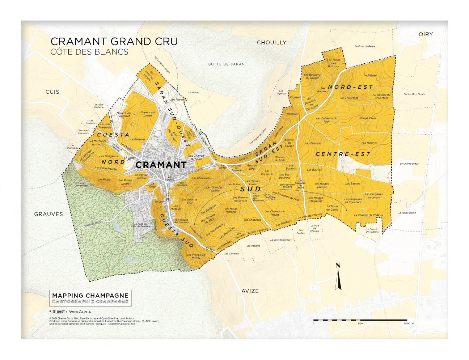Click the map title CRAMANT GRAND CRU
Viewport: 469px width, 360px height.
pyautogui.click(x=114, y=41)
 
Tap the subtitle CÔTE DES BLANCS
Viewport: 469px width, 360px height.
pyautogui.click(x=89, y=52)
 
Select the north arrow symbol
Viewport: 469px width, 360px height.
pyautogui.click(x=338, y=277)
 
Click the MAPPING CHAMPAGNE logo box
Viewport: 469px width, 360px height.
pyautogui.click(x=90, y=298)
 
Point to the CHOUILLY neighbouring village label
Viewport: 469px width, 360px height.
pyautogui.click(x=271, y=42)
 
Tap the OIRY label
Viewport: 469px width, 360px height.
pyautogui.click(x=426, y=34)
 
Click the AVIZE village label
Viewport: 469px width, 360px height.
pyautogui.click(x=250, y=291)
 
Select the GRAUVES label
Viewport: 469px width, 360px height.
pyautogui.click(x=48, y=214)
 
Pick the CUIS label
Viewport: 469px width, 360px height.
pyautogui.click(x=52, y=92)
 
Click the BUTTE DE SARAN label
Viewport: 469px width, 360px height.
pyautogui.click(x=226, y=64)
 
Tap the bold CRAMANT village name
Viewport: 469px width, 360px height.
pyautogui.click(x=161, y=165)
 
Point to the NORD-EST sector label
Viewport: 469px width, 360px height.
pyautogui.click(x=350, y=87)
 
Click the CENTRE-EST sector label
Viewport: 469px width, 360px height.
pyautogui.click(x=343, y=154)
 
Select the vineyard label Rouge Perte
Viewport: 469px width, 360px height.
pyautogui.click(x=368, y=118)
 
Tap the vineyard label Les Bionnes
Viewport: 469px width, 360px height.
pyautogui.click(x=369, y=143)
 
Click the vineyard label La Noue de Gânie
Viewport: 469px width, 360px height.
pyautogui.click(x=332, y=208)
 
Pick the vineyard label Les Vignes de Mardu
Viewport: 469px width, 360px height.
pyautogui.click(x=196, y=256)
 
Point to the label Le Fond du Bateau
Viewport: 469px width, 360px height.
pyautogui.click(x=366, y=46)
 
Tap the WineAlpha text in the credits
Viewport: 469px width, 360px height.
pyautogui.click(x=80, y=312)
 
